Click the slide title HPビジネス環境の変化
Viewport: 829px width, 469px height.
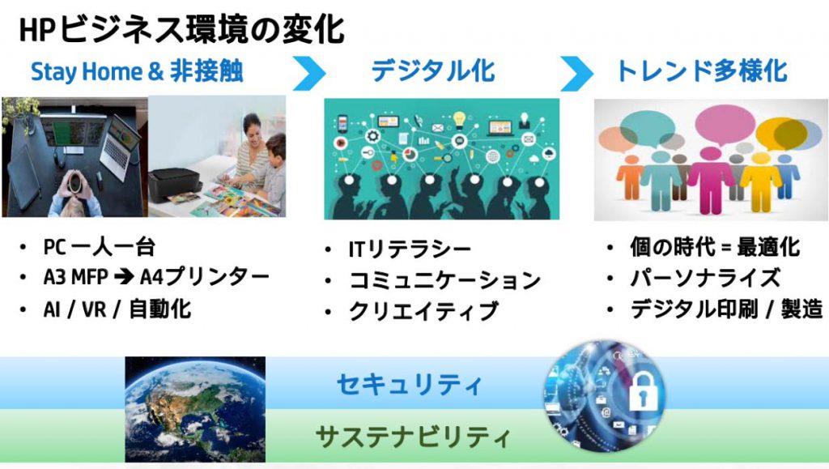coord(182,30)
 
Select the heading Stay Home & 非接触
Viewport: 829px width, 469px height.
coord(137,71)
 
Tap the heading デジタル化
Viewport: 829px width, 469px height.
coord(433,70)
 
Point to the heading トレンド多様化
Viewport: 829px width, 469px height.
coord(702,70)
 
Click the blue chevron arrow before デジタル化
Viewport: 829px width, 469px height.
coord(309,73)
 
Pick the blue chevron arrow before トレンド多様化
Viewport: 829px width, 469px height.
coord(576,73)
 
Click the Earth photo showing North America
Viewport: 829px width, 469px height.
coord(195,409)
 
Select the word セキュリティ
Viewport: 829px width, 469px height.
coord(409,384)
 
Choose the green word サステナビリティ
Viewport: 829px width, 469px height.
coord(413,437)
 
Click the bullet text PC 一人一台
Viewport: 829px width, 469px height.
coord(100,247)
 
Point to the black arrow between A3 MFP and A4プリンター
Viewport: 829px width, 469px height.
coord(124,277)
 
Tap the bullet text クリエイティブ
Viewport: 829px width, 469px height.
coord(423,311)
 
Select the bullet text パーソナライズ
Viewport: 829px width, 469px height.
coord(705,278)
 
